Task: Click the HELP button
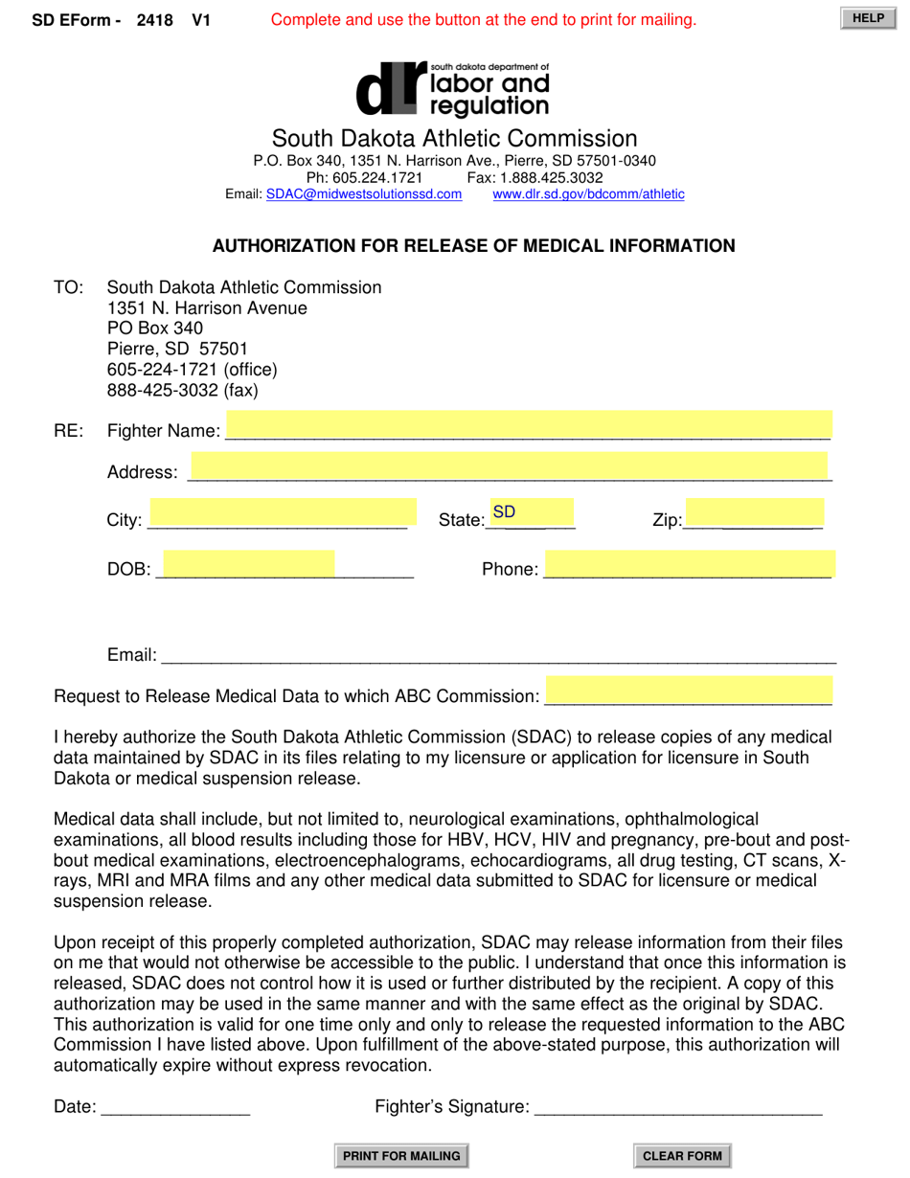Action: coord(868,18)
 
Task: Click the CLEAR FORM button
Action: coord(682,1156)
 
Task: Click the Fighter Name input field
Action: coord(529,425)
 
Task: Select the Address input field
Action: coord(509,466)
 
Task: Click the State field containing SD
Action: coord(531,512)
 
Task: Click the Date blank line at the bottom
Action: coord(174,1107)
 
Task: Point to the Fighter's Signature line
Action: coord(677,1107)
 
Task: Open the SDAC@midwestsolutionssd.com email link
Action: coord(364,194)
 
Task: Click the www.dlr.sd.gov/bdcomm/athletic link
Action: coord(588,194)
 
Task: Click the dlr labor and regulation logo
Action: coord(453,88)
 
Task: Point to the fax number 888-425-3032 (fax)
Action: coord(182,391)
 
